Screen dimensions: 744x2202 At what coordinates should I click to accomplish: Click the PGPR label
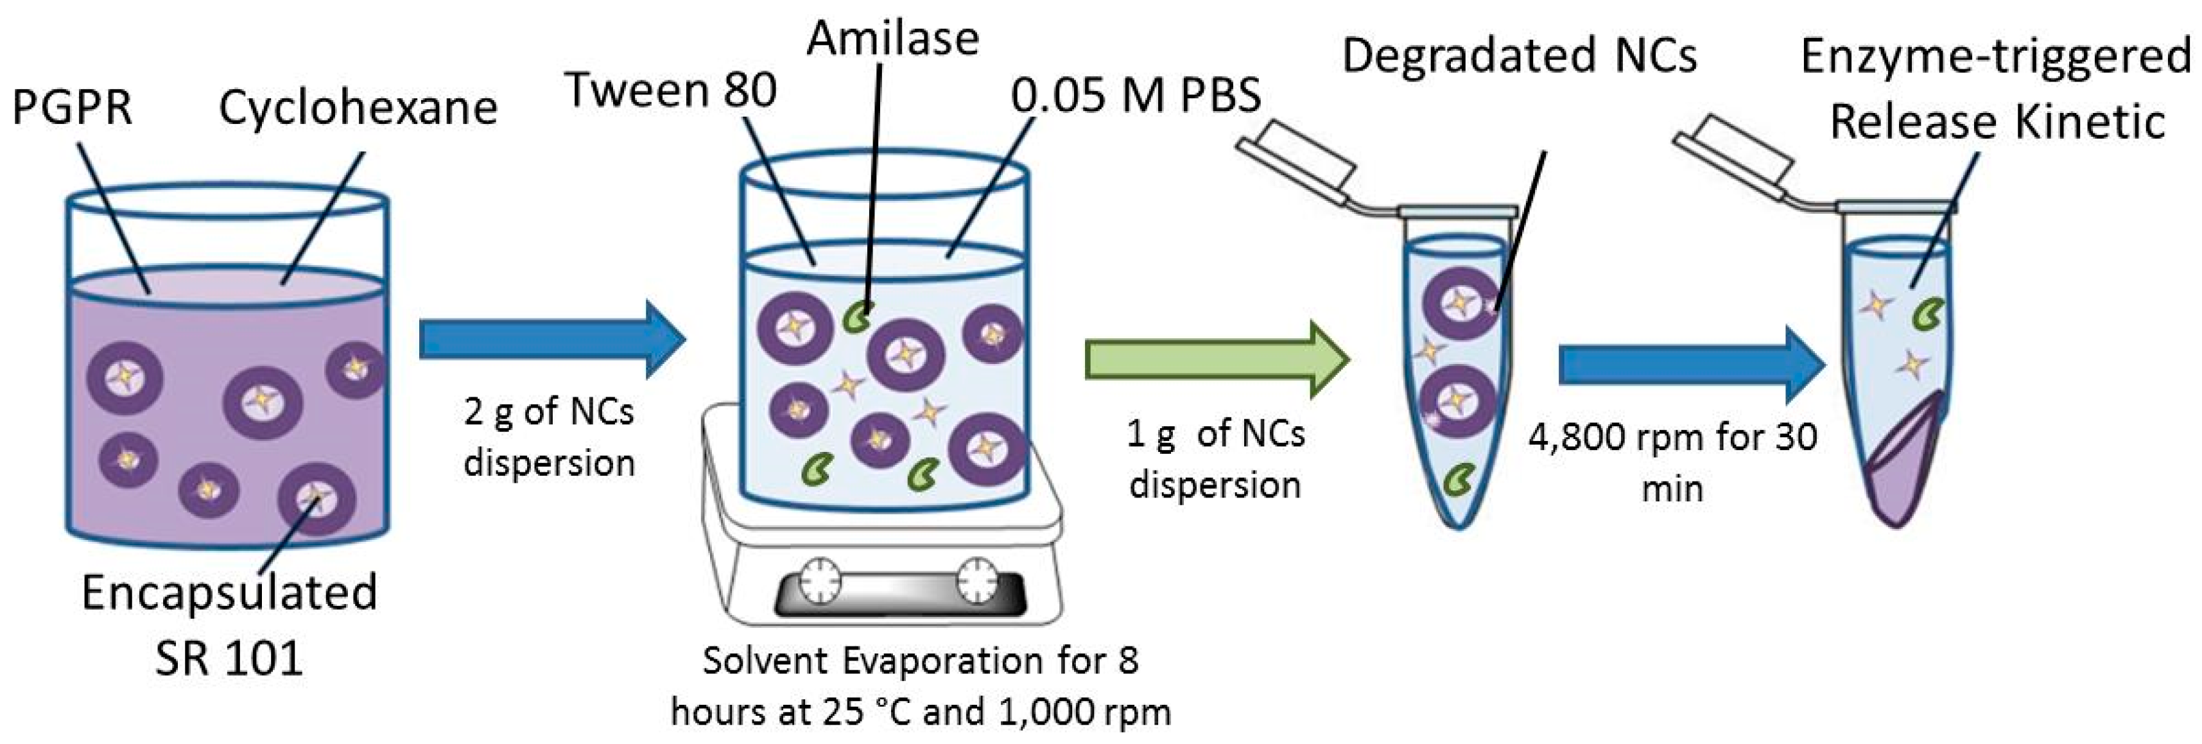point(72,108)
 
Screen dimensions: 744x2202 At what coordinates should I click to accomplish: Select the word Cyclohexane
point(358,108)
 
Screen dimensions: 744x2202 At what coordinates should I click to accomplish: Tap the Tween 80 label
point(671,90)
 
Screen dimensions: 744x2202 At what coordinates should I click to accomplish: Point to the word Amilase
point(892,39)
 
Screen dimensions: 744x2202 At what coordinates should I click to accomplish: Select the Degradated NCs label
point(1519,56)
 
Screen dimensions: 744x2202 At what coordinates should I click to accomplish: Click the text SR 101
point(229,659)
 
